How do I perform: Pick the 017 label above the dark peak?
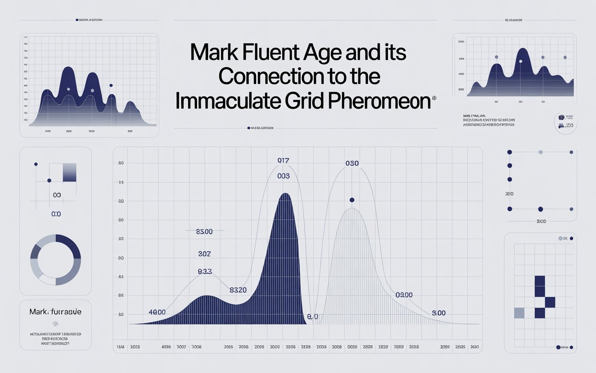tap(284, 161)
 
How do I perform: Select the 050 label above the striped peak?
tap(352, 163)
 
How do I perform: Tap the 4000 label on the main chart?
tap(157, 312)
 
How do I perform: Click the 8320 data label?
tap(238, 290)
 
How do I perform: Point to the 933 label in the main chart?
tap(205, 271)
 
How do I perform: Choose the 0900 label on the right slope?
tap(404, 295)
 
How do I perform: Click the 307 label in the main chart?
tap(204, 254)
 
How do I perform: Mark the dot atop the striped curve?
tap(352, 200)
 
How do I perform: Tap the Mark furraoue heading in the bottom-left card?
tap(55, 311)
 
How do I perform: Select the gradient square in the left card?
tap(69, 173)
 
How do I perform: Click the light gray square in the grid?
tap(519, 313)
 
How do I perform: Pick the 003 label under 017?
tap(283, 176)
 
